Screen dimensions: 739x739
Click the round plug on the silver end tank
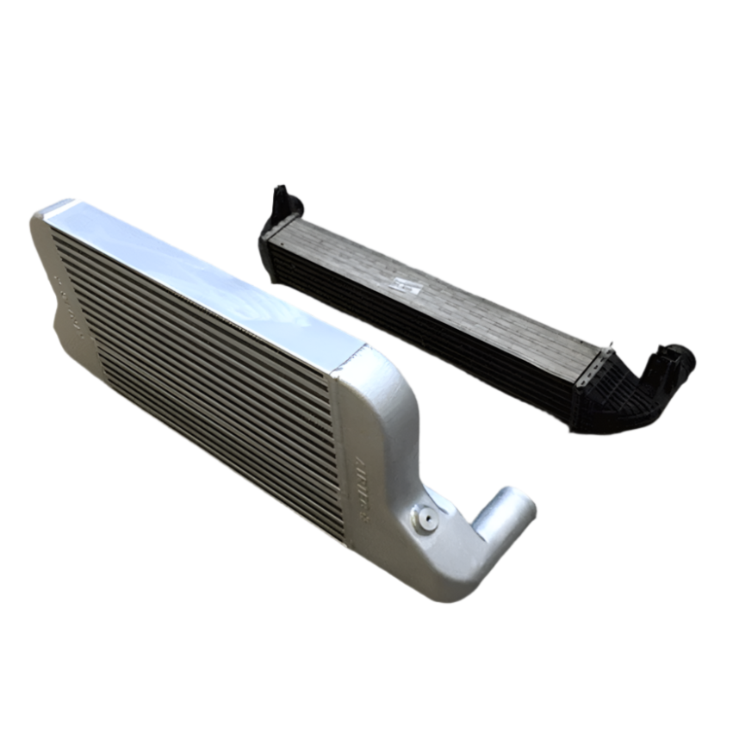click(x=425, y=519)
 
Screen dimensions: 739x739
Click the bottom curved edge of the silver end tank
click(x=448, y=594)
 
